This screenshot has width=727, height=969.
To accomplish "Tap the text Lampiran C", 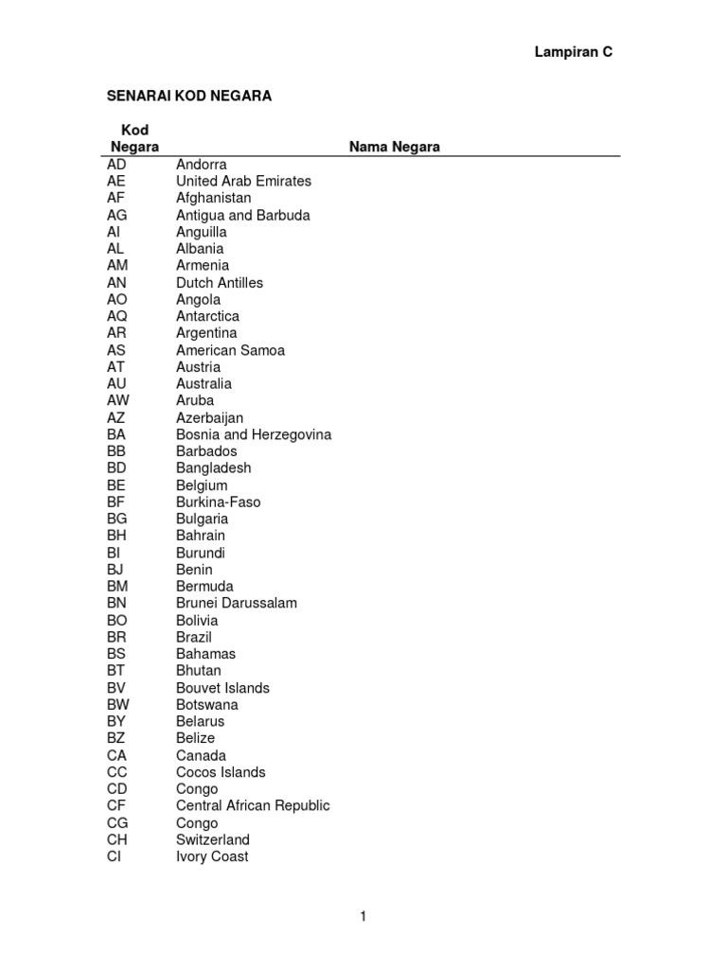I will click(x=574, y=53).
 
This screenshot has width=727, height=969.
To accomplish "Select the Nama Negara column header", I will click(x=394, y=147).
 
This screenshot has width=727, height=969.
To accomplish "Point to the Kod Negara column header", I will click(x=134, y=138).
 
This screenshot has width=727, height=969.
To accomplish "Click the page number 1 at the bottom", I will click(x=363, y=916).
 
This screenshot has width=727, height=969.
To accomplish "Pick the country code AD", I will click(x=116, y=165).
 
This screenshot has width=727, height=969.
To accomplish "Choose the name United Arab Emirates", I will click(x=243, y=181).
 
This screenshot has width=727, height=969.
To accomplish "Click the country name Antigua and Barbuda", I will click(x=242, y=215).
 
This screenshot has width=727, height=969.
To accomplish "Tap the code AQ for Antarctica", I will click(x=117, y=316).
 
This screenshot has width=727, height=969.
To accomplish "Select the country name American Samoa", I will click(x=230, y=350).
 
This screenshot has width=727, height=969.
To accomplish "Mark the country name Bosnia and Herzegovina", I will click(x=254, y=434).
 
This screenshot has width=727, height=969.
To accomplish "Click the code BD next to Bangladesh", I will click(x=117, y=468).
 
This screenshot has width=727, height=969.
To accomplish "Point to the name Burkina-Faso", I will click(x=218, y=502).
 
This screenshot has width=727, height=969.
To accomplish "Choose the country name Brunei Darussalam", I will click(x=237, y=603).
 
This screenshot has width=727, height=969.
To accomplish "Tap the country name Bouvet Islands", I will click(x=222, y=688).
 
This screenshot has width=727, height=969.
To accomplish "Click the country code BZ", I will click(x=116, y=738).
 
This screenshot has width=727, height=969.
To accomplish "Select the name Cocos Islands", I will click(x=221, y=772).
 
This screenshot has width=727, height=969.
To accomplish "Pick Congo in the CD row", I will click(x=197, y=789).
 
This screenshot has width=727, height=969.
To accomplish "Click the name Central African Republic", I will click(x=253, y=806).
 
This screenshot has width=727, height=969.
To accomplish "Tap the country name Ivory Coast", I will click(x=212, y=856).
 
